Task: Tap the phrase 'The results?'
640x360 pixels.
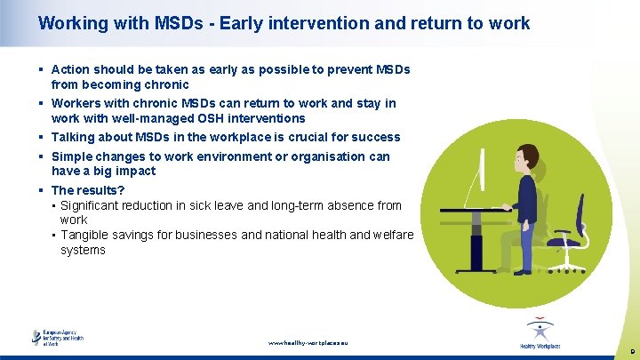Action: pyautogui.click(x=88, y=190)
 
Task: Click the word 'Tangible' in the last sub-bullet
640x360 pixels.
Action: pyautogui.click(x=85, y=235)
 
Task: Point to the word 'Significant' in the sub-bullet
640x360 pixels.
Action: pyautogui.click(x=92, y=205)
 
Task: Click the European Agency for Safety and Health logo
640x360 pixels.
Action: pyautogui.click(x=59, y=338)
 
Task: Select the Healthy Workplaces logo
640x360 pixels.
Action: pyautogui.click(x=540, y=334)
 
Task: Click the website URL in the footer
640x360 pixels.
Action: pyautogui.click(x=308, y=342)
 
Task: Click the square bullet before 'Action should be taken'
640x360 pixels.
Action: pyautogui.click(x=42, y=69)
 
